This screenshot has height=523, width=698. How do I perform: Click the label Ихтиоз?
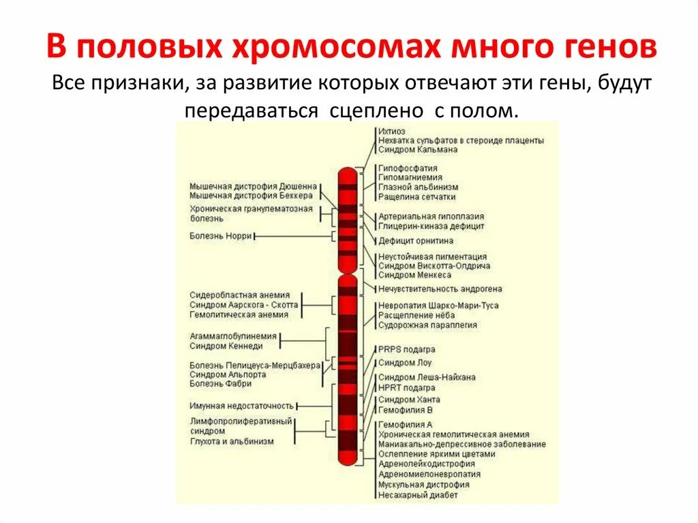tap(392, 130)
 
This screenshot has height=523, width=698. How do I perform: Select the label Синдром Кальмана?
tap(418, 149)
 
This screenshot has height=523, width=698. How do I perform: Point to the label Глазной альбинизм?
tap(418, 187)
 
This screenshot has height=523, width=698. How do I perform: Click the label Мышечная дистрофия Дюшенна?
tap(253, 186)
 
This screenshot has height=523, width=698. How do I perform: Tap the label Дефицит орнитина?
tap(416, 241)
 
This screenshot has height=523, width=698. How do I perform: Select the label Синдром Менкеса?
tap(414, 275)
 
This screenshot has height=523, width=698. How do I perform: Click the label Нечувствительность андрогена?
tap(440, 289)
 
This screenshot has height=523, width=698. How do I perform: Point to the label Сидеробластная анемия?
tap(240, 295)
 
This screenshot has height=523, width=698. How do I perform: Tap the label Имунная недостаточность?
tap(242, 406)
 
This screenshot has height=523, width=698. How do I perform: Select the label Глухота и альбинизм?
tap(232, 441)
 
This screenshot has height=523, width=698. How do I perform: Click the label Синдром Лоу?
tap(405, 363)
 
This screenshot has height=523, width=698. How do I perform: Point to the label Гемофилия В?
tap(406, 410)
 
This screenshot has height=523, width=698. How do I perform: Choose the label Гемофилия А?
tap(406, 424)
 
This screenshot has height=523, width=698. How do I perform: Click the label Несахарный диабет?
tap(418, 494)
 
